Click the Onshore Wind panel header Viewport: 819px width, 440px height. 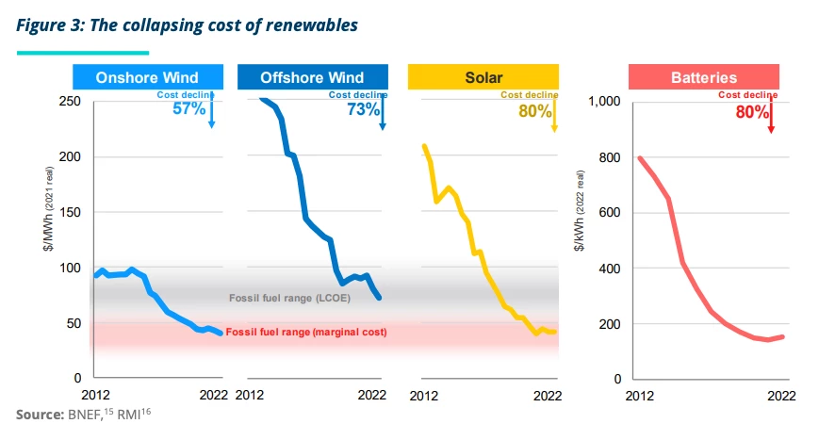[147, 77]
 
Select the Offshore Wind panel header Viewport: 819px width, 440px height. [312, 77]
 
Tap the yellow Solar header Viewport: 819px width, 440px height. [483, 77]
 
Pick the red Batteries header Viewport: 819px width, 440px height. [704, 77]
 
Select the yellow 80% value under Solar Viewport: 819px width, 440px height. [533, 111]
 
